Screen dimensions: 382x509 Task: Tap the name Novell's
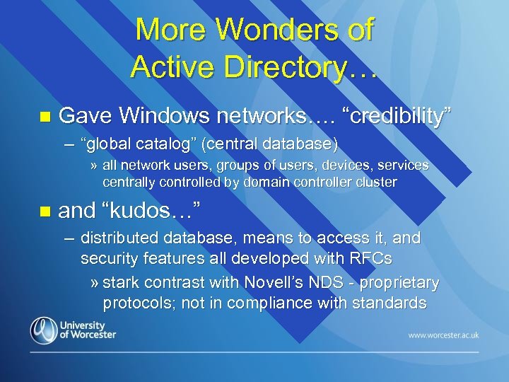pos(275,283)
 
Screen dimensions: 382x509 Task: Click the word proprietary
pos(401,284)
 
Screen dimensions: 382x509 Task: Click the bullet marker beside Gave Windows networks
pos(46,116)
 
